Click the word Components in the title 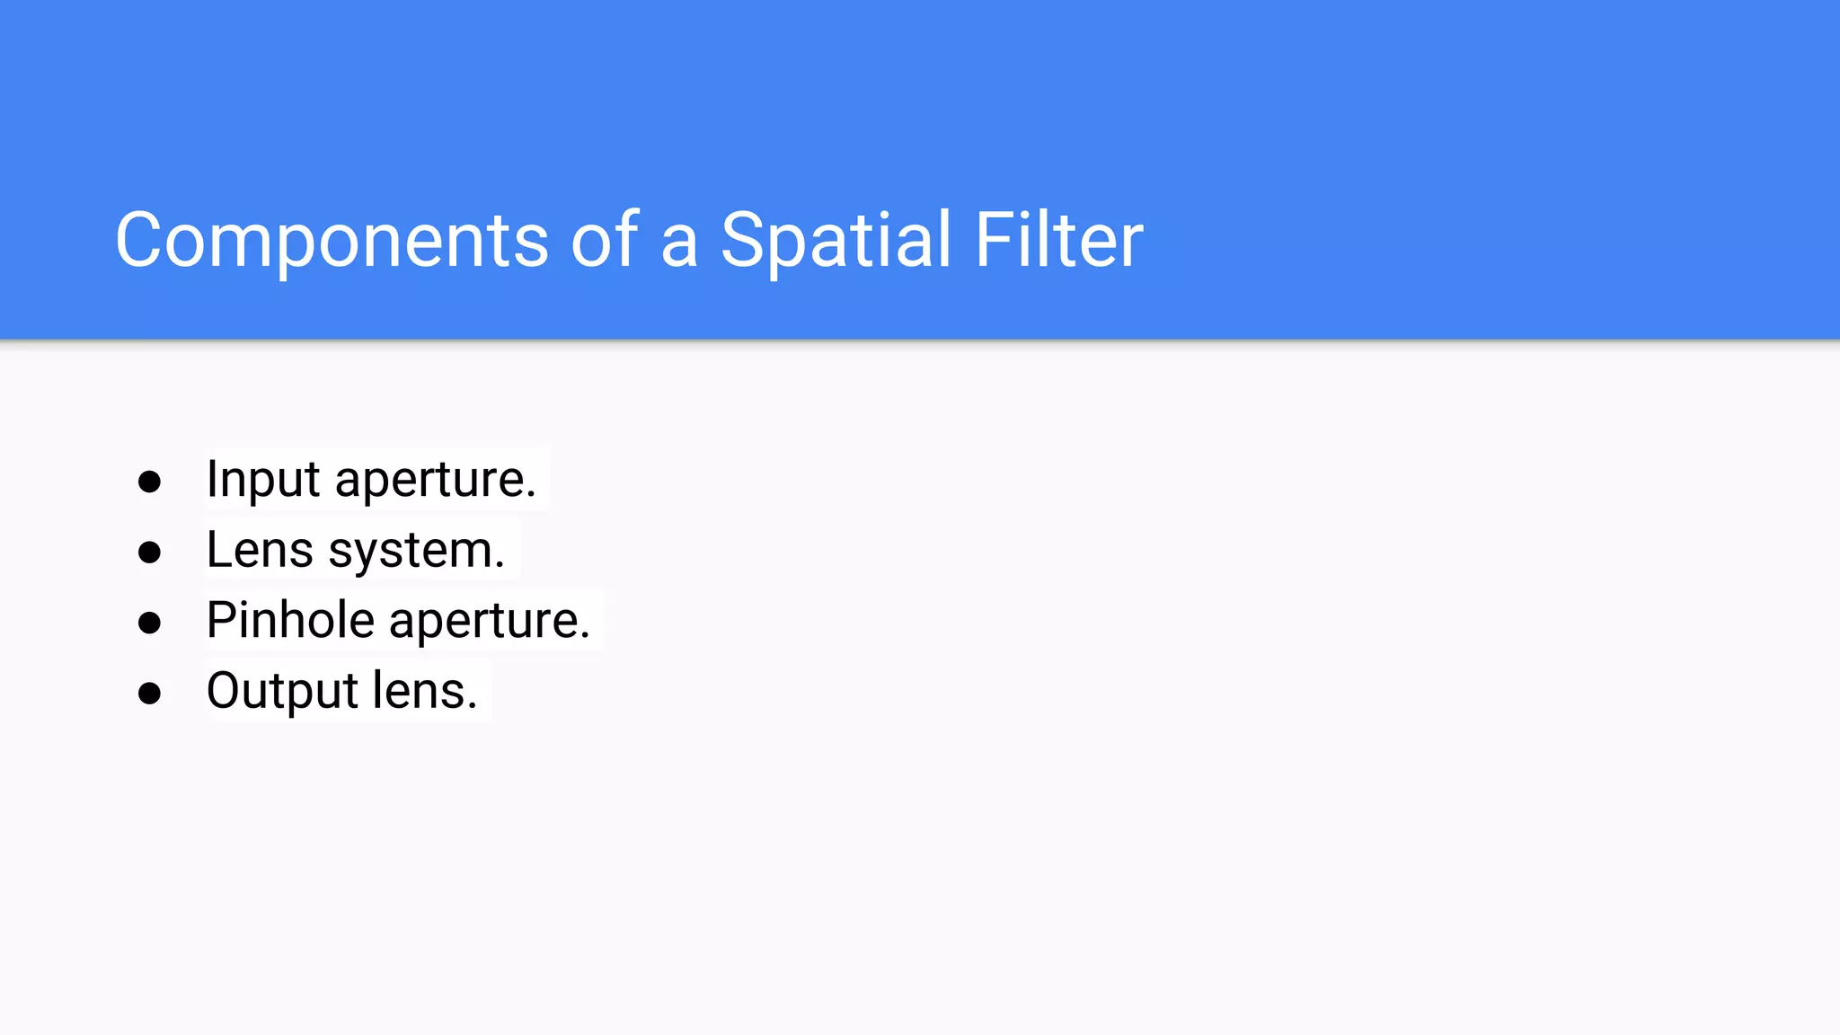pyautogui.click(x=332, y=240)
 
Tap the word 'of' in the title pyautogui.click(x=605, y=240)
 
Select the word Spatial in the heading pyautogui.click(x=835, y=240)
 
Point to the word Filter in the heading pyautogui.click(x=1057, y=240)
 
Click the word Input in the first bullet pyautogui.click(x=262, y=480)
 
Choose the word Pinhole pyautogui.click(x=289, y=620)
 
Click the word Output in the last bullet pyautogui.click(x=282, y=691)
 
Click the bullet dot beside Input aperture pyautogui.click(x=149, y=482)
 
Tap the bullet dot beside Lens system pyautogui.click(x=149, y=552)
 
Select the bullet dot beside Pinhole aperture pyautogui.click(x=149, y=622)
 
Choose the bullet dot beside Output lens pyautogui.click(x=149, y=693)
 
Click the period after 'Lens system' pyautogui.click(x=500, y=566)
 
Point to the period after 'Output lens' pyautogui.click(x=472, y=707)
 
